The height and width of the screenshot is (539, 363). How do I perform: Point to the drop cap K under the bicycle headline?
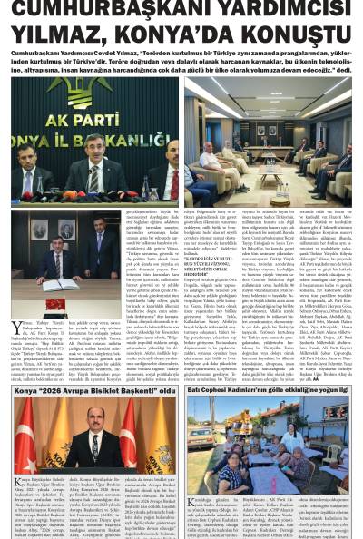pyautogui.click(x=17, y=479)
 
